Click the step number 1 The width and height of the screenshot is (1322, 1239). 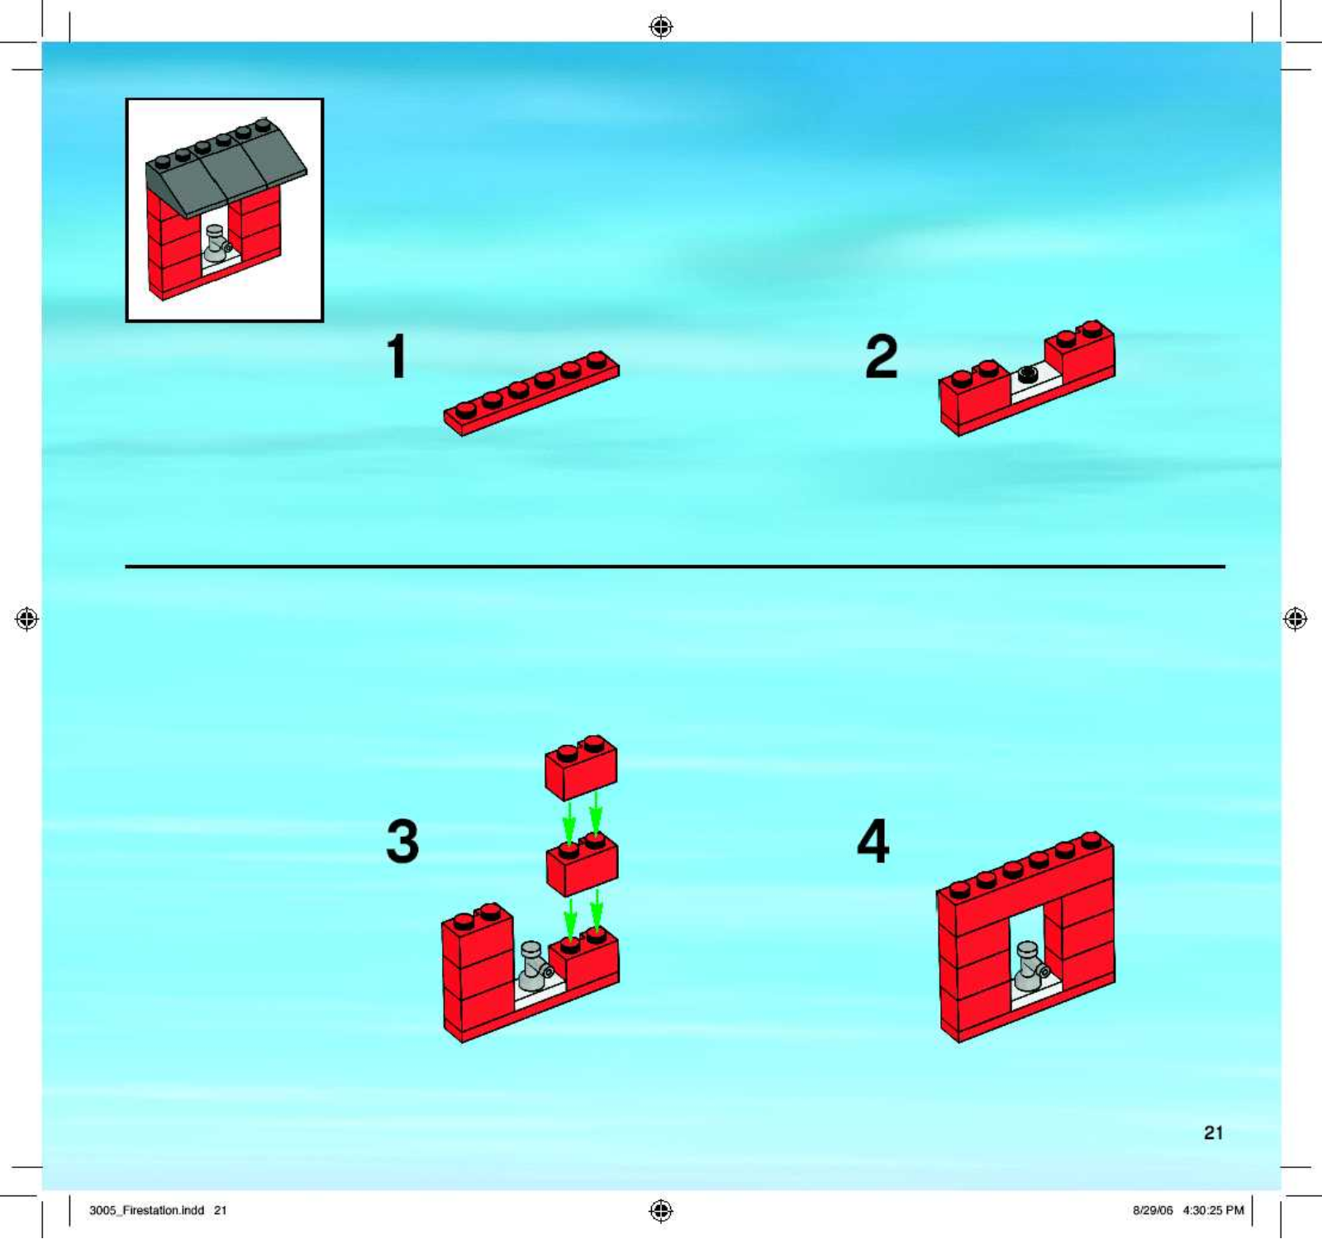[397, 356]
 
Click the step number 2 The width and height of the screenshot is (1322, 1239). [882, 357]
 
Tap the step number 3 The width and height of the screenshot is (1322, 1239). [403, 841]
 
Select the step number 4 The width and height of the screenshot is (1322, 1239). [873, 841]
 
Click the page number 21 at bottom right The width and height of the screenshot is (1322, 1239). [1213, 1133]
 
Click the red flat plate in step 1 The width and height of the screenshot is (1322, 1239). [531, 393]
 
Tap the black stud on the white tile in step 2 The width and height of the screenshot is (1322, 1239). [1028, 374]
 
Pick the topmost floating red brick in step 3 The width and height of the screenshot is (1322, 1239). [581, 767]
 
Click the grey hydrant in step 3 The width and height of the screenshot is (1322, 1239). [534, 966]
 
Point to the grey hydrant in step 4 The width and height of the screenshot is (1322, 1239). [1030, 966]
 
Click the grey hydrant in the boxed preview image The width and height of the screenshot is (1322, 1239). [217, 244]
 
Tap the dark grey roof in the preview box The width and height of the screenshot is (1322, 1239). [226, 166]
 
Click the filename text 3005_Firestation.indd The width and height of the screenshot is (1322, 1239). [147, 1211]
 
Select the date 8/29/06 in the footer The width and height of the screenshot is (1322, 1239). [1153, 1211]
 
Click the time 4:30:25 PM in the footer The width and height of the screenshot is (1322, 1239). [1213, 1211]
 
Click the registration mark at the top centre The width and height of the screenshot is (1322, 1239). [661, 27]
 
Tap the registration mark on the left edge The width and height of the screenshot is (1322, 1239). [26, 619]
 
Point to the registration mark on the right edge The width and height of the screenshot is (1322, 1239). [1296, 619]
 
